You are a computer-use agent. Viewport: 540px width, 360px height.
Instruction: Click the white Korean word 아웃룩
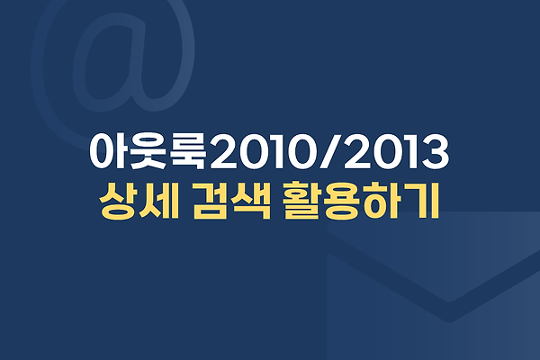click(x=149, y=152)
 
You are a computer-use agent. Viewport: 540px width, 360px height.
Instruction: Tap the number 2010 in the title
click(x=263, y=152)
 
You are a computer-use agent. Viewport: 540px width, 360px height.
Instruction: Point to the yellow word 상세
click(x=139, y=201)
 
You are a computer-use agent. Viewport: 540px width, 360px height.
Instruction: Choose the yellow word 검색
click(x=231, y=201)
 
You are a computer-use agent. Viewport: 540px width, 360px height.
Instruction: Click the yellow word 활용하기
click(x=362, y=201)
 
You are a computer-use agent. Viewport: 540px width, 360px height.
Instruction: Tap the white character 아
click(x=110, y=152)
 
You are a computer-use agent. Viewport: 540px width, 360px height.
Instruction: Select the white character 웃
click(x=149, y=152)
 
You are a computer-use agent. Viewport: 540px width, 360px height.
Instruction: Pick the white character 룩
click(x=189, y=152)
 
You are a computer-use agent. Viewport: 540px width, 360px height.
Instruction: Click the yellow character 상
click(x=118, y=201)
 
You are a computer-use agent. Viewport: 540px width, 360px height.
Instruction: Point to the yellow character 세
click(x=160, y=201)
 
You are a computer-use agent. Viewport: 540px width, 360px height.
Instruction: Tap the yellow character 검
click(x=211, y=201)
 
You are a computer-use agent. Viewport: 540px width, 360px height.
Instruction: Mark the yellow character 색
click(x=252, y=201)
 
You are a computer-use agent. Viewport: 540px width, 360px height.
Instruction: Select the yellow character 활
click(x=303, y=201)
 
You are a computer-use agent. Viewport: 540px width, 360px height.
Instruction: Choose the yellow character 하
click(x=382, y=201)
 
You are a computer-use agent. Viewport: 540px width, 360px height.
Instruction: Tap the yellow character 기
click(x=422, y=201)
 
